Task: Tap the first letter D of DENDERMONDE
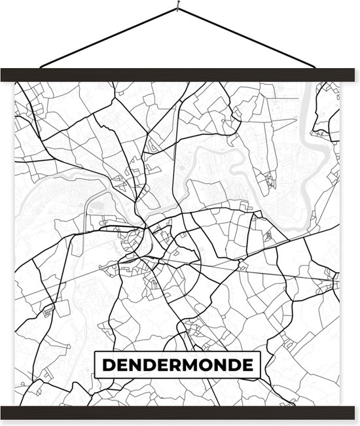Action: [x=107, y=365]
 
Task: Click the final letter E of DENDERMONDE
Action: [x=247, y=365]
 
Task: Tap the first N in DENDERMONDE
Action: [x=135, y=365]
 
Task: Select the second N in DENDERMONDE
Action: [x=216, y=365]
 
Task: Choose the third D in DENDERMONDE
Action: [x=232, y=365]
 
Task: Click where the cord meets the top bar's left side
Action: [x=41, y=67]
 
